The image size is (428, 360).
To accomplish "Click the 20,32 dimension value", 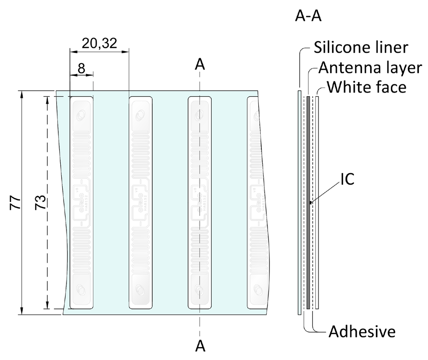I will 99,44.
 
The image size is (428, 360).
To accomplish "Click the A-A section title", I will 308,17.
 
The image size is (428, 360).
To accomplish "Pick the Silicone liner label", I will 361,48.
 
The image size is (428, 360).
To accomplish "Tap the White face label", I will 366,87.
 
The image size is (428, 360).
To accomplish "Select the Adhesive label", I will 362,332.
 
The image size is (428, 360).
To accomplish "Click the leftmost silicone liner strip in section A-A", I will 299,202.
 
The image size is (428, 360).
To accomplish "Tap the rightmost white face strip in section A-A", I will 317,202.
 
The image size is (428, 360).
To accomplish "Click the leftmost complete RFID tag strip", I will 81,202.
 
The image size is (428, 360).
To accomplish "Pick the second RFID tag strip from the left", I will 140,202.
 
